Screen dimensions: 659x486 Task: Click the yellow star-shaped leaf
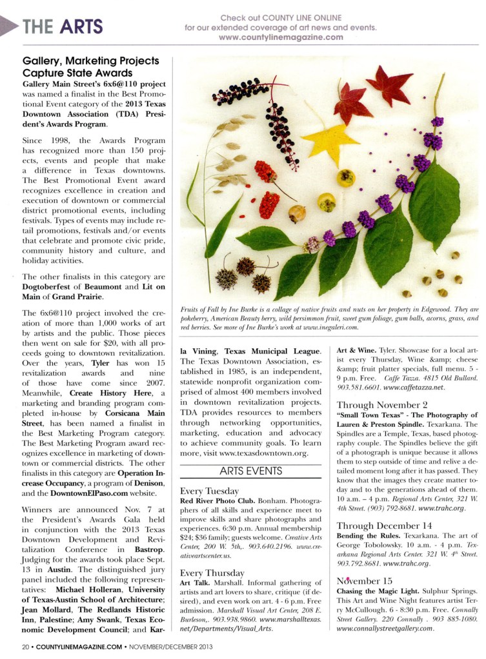tap(330, 143)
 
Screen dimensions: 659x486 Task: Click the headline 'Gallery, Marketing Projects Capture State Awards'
tap(90, 66)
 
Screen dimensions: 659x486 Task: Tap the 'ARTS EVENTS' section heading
tap(250, 471)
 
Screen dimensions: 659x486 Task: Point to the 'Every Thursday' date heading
tap(212, 573)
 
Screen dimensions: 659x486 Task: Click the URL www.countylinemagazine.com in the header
tap(281, 38)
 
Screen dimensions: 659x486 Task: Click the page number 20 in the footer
tap(25, 647)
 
